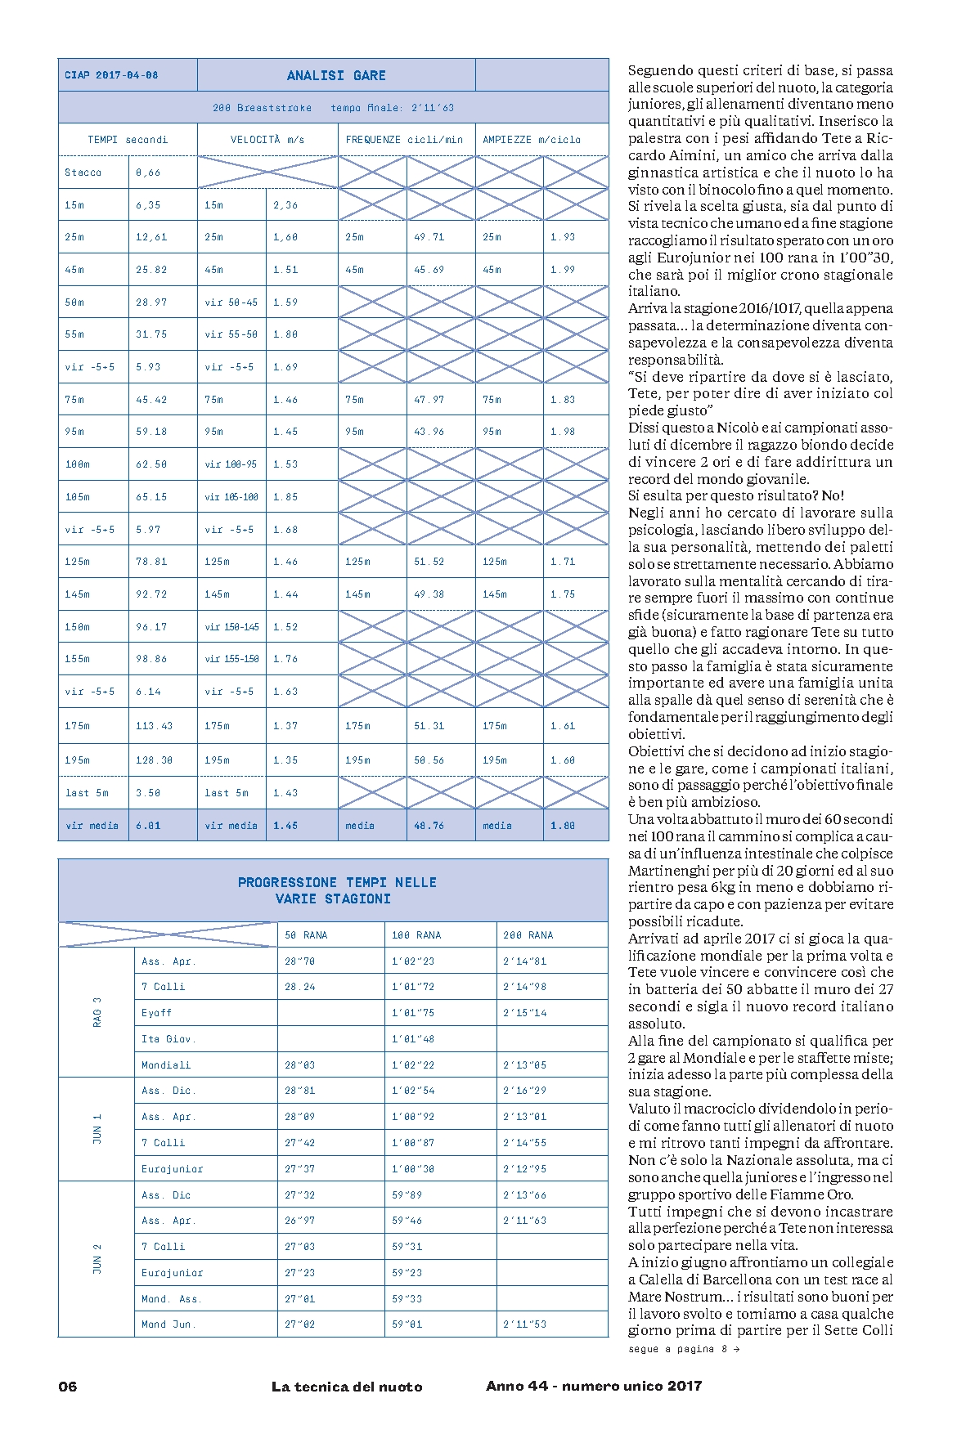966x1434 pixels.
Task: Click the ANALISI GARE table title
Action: click(336, 75)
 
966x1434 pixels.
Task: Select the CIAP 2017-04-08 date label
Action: click(111, 75)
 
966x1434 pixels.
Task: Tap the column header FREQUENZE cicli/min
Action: click(404, 140)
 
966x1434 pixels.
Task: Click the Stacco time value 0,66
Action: click(148, 173)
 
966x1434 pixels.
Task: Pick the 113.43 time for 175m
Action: click(154, 726)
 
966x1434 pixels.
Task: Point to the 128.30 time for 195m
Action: click(154, 760)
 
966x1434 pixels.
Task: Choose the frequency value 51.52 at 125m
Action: click(429, 562)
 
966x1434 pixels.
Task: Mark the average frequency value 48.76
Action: click(429, 826)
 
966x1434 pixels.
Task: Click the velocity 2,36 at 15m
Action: click(285, 205)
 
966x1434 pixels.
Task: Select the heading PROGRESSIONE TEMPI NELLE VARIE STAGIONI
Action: click(337, 890)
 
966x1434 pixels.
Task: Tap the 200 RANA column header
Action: click(528, 935)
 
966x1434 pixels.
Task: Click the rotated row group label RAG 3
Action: click(97, 1012)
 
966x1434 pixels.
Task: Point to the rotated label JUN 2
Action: click(97, 1259)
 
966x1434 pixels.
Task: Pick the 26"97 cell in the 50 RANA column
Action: click(299, 1221)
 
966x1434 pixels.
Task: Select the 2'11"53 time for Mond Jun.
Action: click(524, 1324)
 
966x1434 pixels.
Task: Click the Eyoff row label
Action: click(157, 1013)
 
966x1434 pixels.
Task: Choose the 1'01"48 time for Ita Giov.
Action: click(413, 1039)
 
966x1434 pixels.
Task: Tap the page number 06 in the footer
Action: click(67, 1386)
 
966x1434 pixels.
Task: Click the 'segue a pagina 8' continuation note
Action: click(684, 1349)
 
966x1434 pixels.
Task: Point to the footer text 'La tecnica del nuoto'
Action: click(348, 1386)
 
